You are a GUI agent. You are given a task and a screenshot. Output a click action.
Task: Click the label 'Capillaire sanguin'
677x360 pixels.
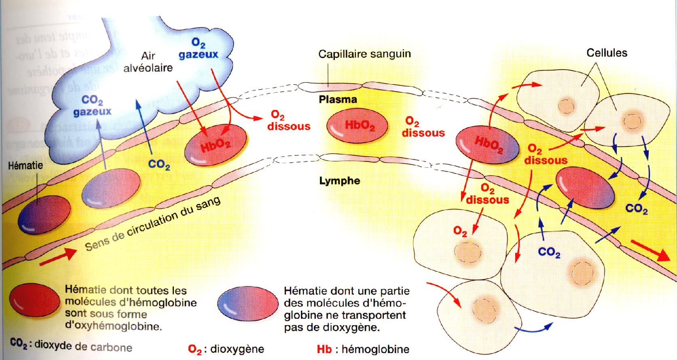click(x=364, y=54)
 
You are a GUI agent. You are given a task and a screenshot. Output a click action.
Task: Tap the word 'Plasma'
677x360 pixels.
click(x=338, y=100)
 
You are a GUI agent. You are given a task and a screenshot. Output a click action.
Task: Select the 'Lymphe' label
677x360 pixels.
click(x=340, y=180)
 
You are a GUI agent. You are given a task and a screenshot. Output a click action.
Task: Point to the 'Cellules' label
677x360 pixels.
click(x=607, y=53)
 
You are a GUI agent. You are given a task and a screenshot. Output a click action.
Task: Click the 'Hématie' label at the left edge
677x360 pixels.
click(x=25, y=165)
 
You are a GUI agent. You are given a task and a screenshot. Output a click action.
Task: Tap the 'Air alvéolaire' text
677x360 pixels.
click(x=148, y=61)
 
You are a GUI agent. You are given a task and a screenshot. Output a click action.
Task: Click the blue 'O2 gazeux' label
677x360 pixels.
click(x=198, y=49)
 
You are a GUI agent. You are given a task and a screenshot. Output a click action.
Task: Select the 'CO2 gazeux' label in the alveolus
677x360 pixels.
click(x=93, y=106)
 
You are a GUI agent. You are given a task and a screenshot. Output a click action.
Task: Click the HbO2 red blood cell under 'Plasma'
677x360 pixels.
click(x=357, y=127)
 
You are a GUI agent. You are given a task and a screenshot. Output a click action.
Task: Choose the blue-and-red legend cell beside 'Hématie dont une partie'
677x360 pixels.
click(x=248, y=304)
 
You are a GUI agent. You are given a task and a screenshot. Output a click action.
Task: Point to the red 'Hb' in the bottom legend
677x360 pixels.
click(x=324, y=349)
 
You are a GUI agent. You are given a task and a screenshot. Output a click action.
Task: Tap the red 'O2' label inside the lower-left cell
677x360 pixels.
click(x=460, y=231)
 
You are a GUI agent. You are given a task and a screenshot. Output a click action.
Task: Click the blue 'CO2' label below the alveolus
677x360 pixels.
click(x=159, y=165)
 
